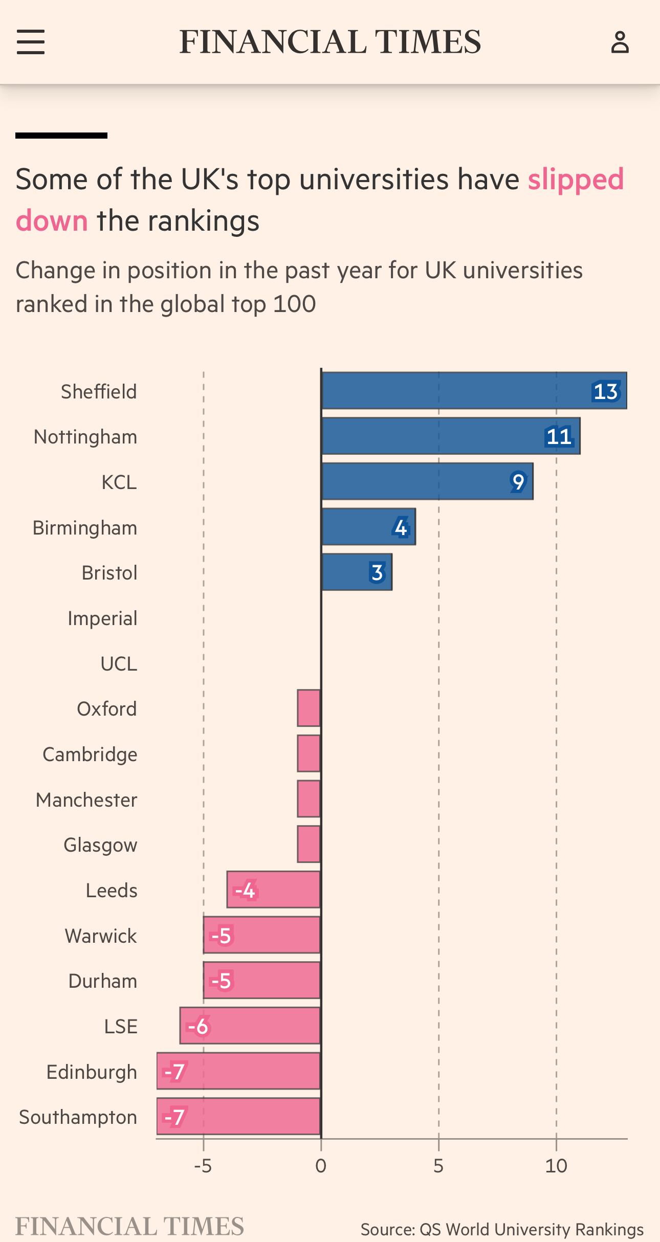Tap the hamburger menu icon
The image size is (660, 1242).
pos(31,42)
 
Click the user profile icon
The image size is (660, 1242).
pos(620,42)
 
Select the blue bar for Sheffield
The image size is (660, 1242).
pos(460,391)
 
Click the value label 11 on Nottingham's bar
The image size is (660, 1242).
pos(559,437)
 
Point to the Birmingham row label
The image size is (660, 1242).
pos(85,528)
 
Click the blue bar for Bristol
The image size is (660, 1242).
pos(348,572)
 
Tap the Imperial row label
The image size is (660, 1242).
pos(102,618)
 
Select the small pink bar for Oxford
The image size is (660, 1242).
pos(309,708)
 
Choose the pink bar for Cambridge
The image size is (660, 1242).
pos(309,753)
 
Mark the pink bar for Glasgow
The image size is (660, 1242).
pos(309,845)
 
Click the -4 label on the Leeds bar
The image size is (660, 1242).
pos(246,891)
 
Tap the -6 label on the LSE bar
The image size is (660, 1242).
pos(198,1026)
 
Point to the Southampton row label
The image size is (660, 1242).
pos(78,1118)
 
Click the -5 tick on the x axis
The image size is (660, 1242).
pos(203,1166)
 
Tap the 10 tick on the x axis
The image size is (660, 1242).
pos(556,1166)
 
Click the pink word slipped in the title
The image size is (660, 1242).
pos(576,180)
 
